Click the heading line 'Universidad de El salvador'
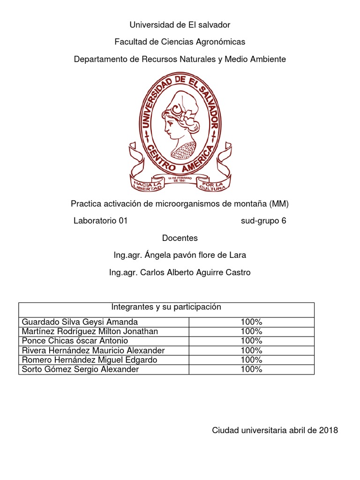coord(180,25)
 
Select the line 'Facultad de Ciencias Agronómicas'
coord(180,42)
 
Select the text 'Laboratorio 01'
coord(100,221)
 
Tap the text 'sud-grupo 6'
coord(263,221)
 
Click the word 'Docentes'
coord(180,238)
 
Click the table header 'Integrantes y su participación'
coord(166,307)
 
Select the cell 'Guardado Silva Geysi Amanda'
coord(80,322)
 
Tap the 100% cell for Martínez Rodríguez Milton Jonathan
coord(251,331)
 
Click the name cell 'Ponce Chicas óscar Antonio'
coord(75,341)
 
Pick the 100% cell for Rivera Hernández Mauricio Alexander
coord(251,351)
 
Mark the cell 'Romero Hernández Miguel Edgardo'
coord(90,360)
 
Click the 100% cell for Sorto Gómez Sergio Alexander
coord(251,369)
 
